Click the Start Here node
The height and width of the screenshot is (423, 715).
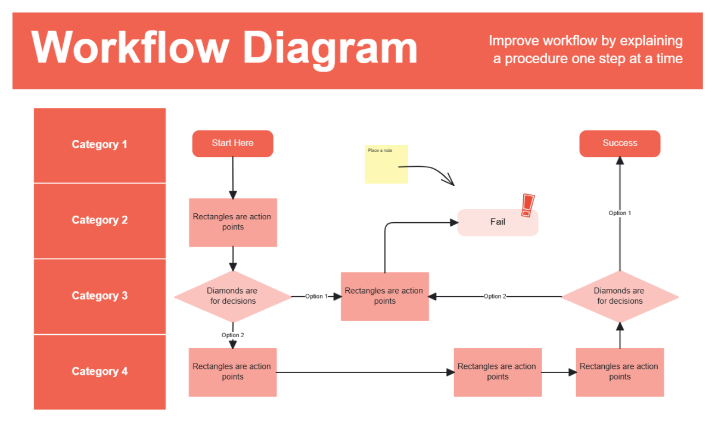232,144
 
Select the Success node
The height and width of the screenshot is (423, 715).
620,144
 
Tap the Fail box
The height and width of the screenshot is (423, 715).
498,222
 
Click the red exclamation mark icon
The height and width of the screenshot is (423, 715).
527,205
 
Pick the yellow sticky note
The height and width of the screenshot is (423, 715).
386,164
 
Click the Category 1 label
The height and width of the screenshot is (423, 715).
100,145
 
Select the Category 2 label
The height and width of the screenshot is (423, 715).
100,220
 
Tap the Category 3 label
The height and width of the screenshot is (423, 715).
100,296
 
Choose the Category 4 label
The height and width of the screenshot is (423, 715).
100,372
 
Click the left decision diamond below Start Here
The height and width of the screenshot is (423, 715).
232,296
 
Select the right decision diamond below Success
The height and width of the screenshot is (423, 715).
620,296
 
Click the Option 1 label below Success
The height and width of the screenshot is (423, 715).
620,213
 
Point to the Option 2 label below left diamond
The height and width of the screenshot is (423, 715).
233,335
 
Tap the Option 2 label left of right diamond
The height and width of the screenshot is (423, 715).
495,297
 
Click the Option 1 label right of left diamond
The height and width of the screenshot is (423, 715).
316,297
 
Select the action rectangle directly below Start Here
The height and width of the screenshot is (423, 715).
233,222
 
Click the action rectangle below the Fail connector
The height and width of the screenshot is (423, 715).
385,296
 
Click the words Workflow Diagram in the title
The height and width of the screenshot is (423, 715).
225,48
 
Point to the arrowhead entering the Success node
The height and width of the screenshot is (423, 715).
620,161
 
